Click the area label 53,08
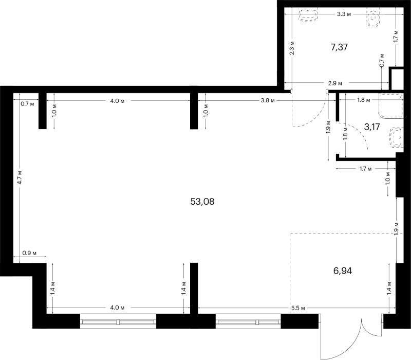coord(202,202)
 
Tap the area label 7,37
coord(339,47)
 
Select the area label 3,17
coord(372,127)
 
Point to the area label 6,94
coord(343,271)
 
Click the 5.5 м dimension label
coord(298,308)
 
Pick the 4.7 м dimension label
coord(20,177)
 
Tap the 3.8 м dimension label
coord(268,100)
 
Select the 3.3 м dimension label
coord(344,14)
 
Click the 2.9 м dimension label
coord(335,83)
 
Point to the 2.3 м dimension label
coord(292,48)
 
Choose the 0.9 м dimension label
coord(29,253)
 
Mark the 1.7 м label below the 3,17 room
coord(365,169)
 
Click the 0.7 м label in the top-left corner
coord(28,104)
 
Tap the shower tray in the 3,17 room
coord(390,106)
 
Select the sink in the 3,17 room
coord(396,137)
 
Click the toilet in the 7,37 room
coord(373,19)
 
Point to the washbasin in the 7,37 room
coord(308,15)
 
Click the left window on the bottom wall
coord(118,321)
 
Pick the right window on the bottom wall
coord(248,321)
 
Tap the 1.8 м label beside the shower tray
coord(364,100)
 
